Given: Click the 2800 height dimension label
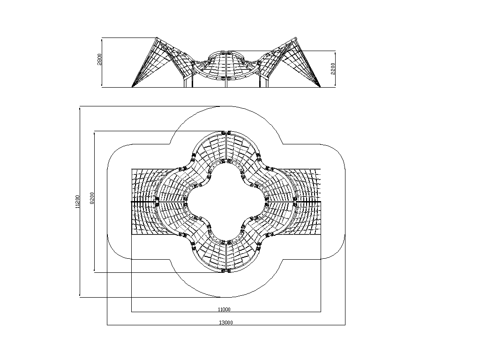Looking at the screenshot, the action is (x=99, y=60).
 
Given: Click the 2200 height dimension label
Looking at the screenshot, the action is (x=333, y=68).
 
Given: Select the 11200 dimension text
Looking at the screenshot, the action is (x=77, y=202).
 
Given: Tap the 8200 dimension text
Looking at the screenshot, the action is (x=92, y=198).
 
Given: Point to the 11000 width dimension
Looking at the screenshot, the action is (x=224, y=309).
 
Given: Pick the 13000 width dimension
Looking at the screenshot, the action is (x=226, y=322).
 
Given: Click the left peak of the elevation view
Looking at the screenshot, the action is (x=157, y=38).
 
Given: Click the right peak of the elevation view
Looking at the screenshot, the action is (x=296, y=38).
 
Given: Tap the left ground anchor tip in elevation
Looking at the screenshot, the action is (x=132, y=87).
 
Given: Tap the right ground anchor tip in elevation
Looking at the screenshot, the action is (x=321, y=87).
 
